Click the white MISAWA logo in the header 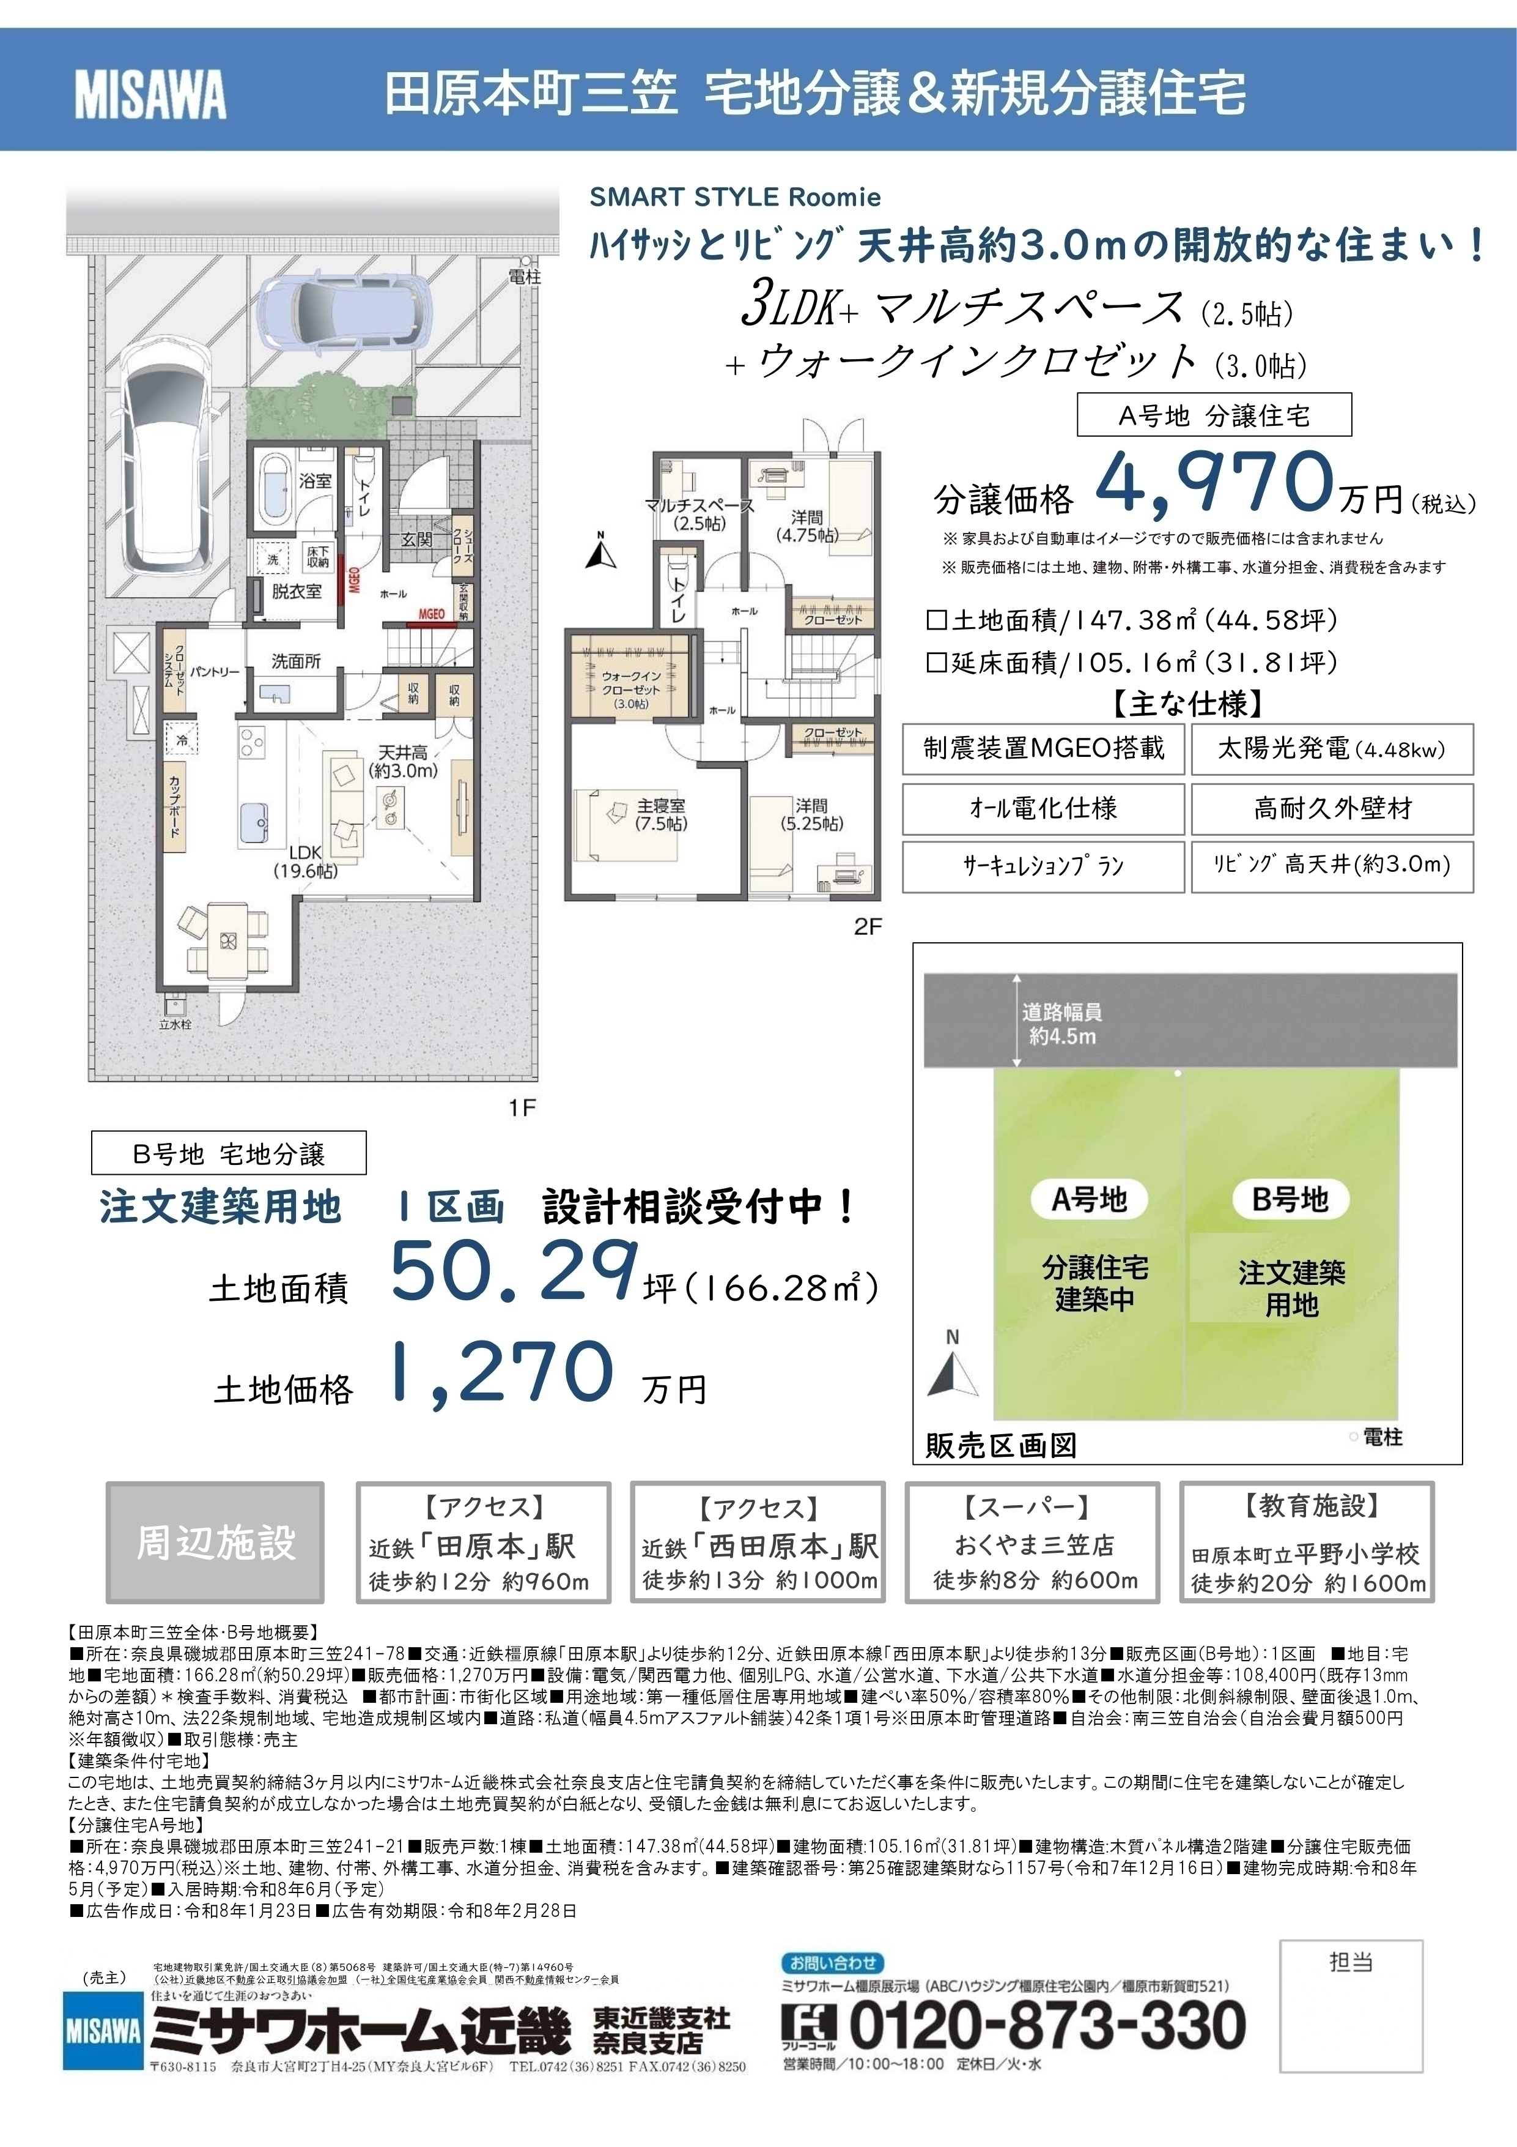[150, 95]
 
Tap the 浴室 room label [315, 481]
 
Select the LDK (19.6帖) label [306, 861]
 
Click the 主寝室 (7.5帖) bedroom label [661, 814]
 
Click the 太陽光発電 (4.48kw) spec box [1331, 748]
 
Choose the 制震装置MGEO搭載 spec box [1043, 748]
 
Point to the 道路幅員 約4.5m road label [1061, 1024]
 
